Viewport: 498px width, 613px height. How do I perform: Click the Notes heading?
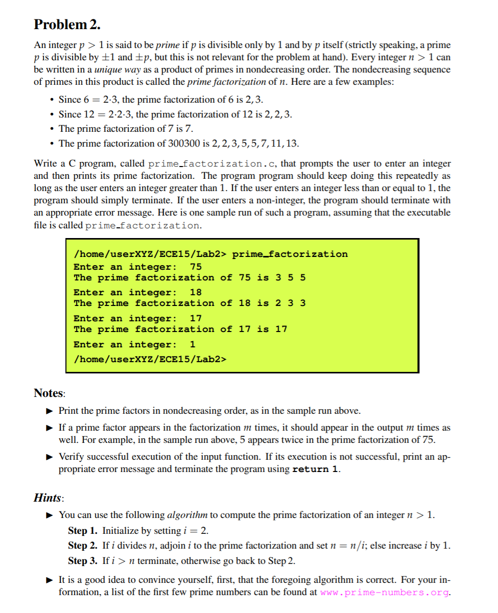coord(49,393)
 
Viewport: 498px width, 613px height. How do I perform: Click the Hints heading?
coord(49,497)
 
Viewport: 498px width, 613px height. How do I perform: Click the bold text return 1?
coord(315,469)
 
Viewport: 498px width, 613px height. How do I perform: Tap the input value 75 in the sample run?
coord(196,267)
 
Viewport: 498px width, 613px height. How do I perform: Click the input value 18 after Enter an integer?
coord(196,292)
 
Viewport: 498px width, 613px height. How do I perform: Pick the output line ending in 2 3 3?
coord(189,303)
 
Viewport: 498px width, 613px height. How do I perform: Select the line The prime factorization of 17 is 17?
coord(180,329)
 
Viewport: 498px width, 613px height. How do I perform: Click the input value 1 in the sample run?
coord(193,344)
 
